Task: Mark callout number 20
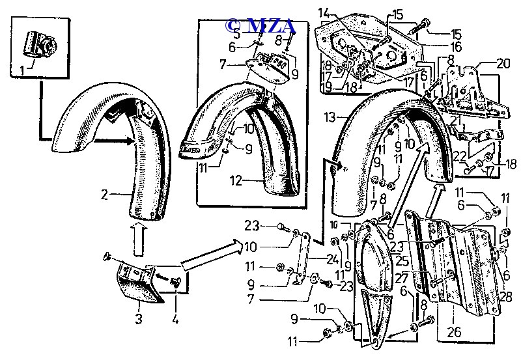503,64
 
